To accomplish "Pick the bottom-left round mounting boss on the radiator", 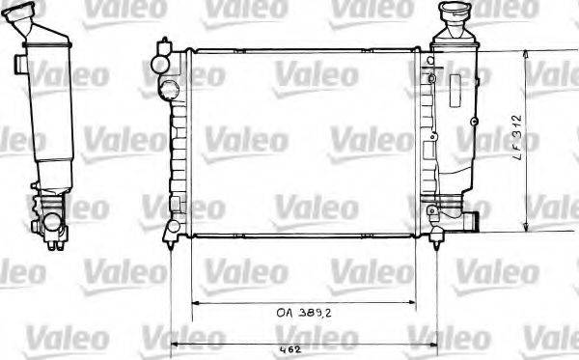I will tap(171, 227).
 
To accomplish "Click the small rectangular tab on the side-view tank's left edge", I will tap(18, 65).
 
